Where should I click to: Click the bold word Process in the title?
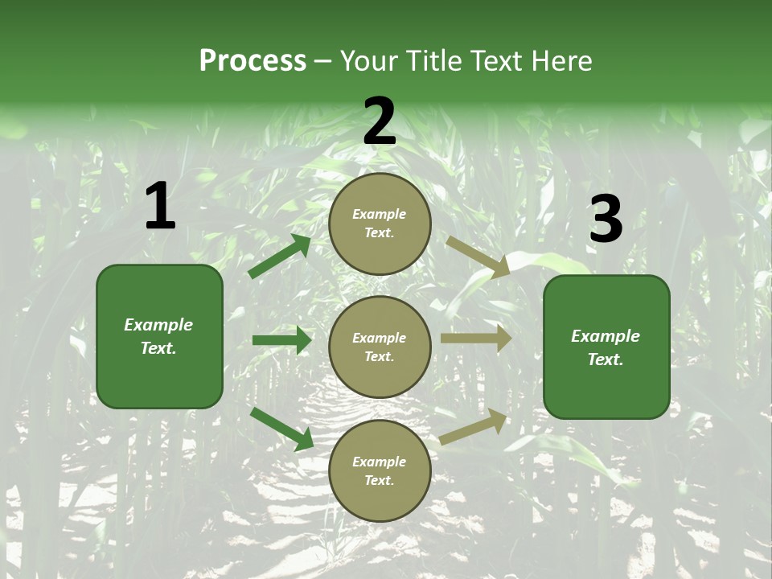253,60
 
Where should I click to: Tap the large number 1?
160,207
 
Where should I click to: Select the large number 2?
380,121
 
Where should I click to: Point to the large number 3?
606,220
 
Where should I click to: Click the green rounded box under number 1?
159,336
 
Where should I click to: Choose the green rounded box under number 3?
606,347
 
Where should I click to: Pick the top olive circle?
380,224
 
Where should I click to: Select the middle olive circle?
380,347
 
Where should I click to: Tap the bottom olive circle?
380,470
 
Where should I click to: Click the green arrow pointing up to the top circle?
279,257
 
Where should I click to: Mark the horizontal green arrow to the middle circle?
281,340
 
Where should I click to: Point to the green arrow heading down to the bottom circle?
281,428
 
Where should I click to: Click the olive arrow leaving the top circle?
478,257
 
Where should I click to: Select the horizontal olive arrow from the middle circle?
475,339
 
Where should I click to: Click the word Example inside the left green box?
158,325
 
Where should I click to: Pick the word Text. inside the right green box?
606,359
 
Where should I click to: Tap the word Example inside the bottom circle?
380,462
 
